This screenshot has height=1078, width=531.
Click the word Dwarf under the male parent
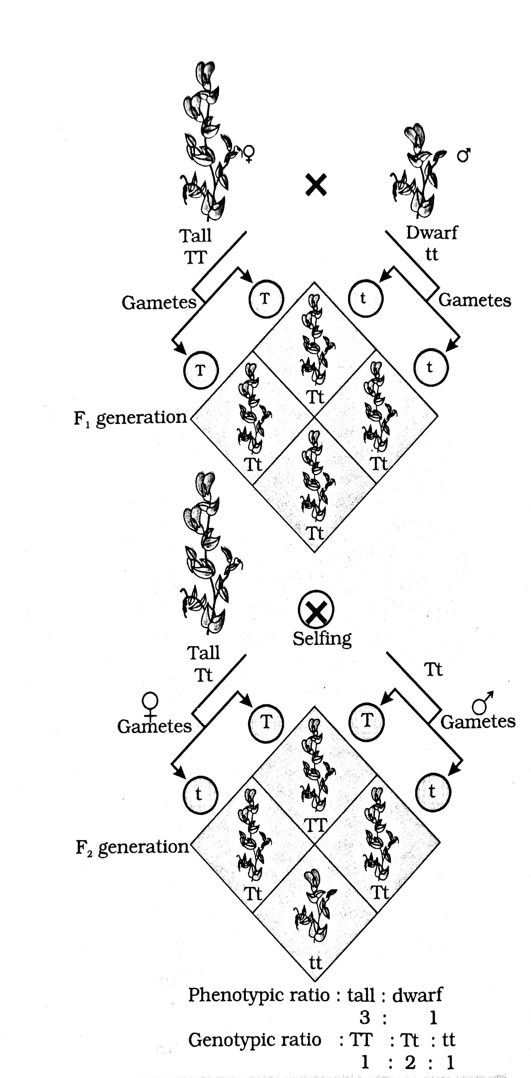pos(431,233)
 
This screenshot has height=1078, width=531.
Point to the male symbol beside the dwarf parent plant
pos(464,155)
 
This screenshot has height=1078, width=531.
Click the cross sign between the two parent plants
pos(316,185)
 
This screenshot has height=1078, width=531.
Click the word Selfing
pos(322,638)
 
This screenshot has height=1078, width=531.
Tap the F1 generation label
pos(130,418)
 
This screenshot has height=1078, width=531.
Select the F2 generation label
pos(132,847)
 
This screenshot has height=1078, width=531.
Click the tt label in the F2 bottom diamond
pos(316,962)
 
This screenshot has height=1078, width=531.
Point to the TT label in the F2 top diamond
pos(316,825)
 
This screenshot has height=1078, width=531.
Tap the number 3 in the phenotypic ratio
pos(365,1017)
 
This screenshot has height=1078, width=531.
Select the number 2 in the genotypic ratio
pos(410,1062)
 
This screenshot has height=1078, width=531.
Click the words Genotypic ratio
pos(255,1040)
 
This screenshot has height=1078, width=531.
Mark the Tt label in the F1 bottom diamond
pos(315,534)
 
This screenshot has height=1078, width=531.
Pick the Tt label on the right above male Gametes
pos(434,669)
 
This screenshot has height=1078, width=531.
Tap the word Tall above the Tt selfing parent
pos(203,653)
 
